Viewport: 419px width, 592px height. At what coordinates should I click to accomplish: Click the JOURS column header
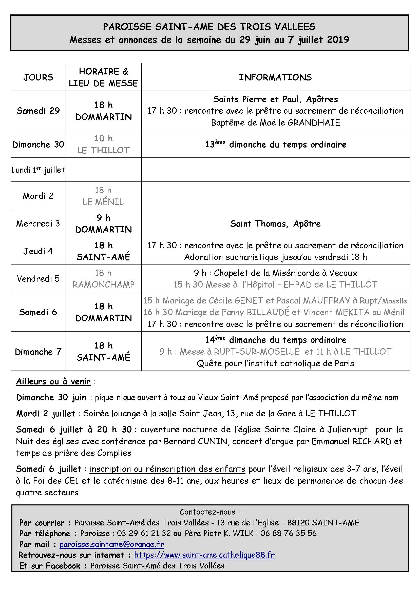38,77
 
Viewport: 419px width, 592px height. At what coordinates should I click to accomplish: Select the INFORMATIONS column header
275,77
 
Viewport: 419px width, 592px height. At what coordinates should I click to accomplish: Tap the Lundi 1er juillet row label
38,170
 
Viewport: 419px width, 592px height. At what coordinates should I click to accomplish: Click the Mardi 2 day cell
38,196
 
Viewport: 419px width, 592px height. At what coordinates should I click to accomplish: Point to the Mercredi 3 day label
38,223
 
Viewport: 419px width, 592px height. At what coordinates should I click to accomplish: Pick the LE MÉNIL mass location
103,202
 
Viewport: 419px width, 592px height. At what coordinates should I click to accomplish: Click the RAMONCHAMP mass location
103,284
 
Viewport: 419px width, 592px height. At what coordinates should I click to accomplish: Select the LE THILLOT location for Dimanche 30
103,150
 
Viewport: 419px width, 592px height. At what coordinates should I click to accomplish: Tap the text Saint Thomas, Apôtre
275,223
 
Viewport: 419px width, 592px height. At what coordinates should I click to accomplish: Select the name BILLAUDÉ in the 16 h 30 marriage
268,312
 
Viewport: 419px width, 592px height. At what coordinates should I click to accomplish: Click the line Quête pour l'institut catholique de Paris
275,363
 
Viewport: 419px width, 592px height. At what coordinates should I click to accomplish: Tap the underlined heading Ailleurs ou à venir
53,381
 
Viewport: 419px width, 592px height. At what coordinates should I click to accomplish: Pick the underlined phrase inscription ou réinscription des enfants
167,469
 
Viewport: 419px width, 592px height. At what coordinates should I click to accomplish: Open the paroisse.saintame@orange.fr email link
112,544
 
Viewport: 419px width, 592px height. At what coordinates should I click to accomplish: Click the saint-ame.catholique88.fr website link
204,555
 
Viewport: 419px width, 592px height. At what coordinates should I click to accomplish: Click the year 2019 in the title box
338,40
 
